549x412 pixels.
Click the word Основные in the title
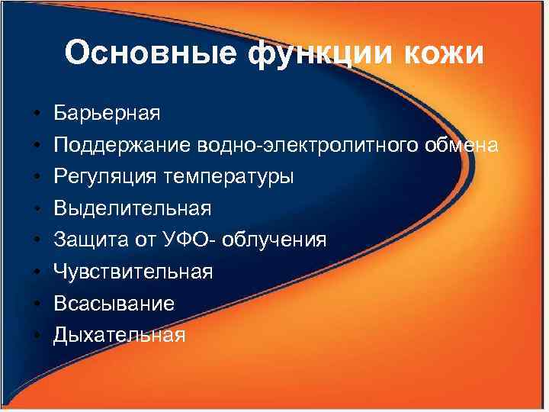point(131,53)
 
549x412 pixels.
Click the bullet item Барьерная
point(107,114)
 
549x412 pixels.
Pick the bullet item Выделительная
point(133,208)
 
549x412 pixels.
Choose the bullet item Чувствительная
point(133,272)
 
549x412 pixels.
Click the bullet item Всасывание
point(114,304)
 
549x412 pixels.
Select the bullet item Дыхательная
point(119,335)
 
